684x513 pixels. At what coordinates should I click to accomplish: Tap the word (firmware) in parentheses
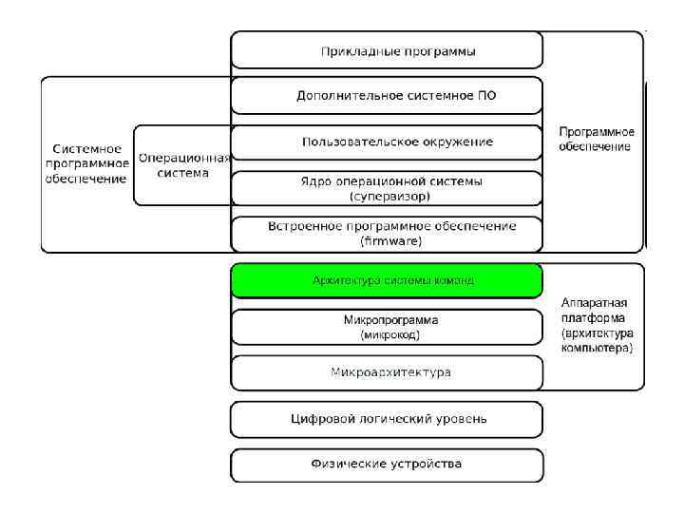click(390, 241)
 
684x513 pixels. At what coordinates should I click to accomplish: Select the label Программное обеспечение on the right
click(596, 139)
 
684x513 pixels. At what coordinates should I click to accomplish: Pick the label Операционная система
click(183, 165)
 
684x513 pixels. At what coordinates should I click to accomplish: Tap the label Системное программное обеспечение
click(86, 163)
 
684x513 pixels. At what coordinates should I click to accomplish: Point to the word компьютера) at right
click(597, 349)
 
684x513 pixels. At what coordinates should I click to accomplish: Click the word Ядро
click(314, 180)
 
